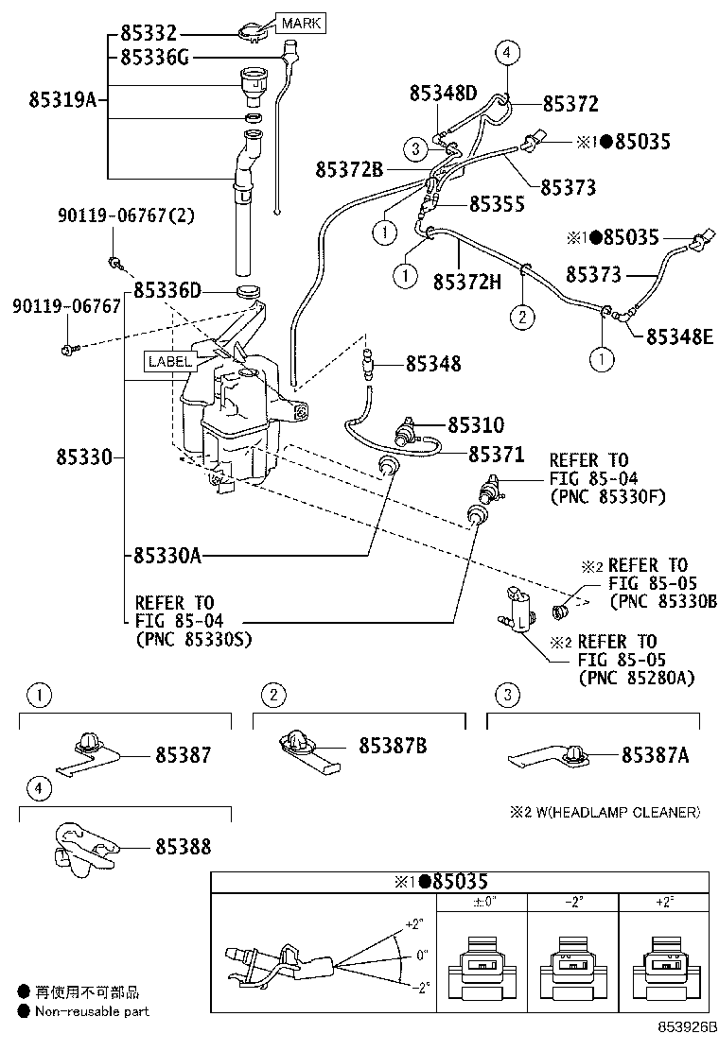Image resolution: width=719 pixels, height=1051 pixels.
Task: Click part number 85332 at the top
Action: click(149, 34)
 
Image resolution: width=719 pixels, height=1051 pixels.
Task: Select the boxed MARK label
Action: click(299, 23)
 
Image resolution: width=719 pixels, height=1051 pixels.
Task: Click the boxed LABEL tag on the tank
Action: click(169, 360)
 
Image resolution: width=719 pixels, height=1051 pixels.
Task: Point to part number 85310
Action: click(476, 425)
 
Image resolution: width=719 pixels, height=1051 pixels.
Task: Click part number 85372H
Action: click(466, 282)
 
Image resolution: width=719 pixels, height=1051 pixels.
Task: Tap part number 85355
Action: click(497, 204)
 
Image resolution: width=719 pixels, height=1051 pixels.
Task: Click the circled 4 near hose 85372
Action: click(507, 53)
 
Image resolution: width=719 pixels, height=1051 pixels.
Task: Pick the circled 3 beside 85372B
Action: click(414, 147)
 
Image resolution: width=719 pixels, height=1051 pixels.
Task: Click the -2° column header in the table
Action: click(573, 902)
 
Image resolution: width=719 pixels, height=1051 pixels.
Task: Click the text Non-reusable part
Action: click(92, 1011)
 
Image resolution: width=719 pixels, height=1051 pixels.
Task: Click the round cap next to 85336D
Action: click(249, 289)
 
